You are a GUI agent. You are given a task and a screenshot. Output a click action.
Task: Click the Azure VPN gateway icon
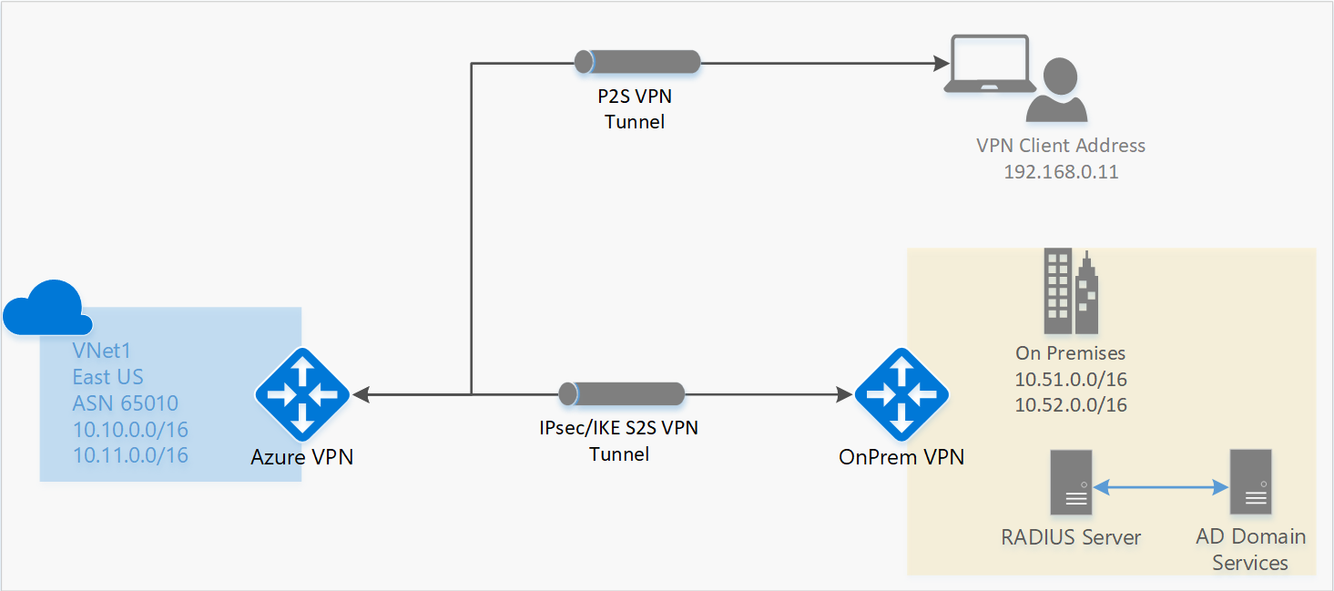point(300,395)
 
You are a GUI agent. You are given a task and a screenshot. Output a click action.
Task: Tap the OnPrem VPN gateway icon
point(901,393)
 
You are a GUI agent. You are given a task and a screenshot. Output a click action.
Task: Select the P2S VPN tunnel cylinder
point(637,62)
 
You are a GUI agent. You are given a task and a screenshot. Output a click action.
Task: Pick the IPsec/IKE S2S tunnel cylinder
point(622,393)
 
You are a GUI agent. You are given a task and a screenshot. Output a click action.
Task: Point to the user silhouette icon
point(1057,91)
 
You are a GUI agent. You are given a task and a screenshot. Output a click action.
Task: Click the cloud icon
point(47,308)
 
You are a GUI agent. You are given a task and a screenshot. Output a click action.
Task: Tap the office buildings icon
point(1070,291)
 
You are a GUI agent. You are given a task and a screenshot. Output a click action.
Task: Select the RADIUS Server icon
point(1070,482)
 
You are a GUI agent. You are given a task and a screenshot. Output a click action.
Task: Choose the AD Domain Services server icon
point(1250,482)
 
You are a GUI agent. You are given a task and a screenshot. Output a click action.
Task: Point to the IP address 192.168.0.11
point(1061,171)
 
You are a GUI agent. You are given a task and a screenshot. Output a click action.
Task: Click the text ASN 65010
point(126,403)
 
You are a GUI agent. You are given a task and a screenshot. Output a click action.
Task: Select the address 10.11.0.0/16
point(130,455)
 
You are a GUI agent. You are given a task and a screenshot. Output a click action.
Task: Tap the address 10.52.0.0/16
point(1071,405)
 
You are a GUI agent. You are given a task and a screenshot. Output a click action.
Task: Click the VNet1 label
point(101,352)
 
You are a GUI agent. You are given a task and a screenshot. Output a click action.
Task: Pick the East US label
point(108,377)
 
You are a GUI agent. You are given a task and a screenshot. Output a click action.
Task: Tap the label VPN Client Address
point(1061,146)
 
